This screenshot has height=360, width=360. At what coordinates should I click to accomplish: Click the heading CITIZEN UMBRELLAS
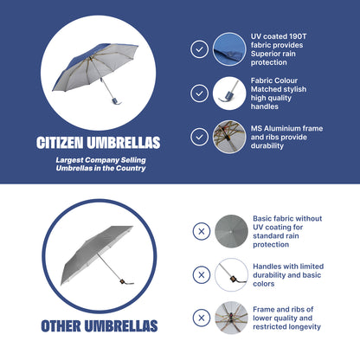pos(98,143)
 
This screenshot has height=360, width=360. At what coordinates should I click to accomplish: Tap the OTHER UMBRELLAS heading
pos(100,326)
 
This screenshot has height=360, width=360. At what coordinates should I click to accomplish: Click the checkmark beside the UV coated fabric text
pos(199,49)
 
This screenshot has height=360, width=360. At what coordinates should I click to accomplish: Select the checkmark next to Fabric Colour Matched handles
pos(199,93)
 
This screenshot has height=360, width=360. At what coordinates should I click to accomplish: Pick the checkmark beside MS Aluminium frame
pos(199,137)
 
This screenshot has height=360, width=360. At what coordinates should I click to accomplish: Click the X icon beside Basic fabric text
pos(202,231)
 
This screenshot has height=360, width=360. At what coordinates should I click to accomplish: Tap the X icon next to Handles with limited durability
pos(202,274)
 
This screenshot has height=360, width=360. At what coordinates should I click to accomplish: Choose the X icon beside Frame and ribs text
pos(202,318)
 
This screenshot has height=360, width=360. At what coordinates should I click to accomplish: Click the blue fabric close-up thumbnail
pos(229,49)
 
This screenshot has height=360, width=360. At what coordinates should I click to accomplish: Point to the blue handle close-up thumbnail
pos(229,93)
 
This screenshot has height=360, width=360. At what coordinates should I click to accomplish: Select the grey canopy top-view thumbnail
pos(231,231)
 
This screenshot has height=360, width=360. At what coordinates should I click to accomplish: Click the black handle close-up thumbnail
pos(231,274)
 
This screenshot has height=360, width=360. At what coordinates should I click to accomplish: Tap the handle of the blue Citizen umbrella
pos(116,101)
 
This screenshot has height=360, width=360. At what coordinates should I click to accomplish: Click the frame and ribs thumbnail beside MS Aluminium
pos(229,137)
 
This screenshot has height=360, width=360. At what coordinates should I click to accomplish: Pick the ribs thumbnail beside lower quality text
pos(231,318)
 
